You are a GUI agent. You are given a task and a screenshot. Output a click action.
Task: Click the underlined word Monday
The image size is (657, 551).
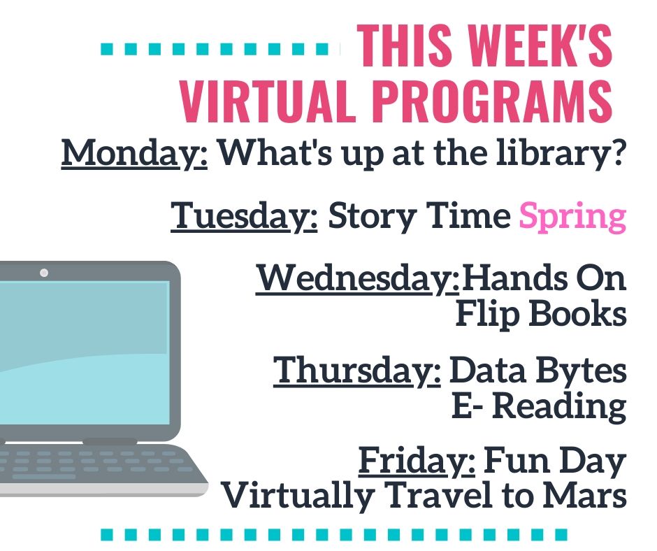(x=134, y=154)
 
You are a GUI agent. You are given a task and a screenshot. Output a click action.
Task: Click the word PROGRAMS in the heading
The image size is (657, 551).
(x=493, y=101)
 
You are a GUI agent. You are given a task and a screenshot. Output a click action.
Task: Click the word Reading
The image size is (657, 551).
(x=559, y=408)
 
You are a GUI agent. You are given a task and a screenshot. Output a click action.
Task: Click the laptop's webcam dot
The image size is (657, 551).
(x=44, y=273)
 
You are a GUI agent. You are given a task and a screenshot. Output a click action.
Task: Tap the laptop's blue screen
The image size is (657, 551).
(x=84, y=353)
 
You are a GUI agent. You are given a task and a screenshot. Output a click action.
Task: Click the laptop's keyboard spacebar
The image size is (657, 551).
(x=44, y=476)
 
